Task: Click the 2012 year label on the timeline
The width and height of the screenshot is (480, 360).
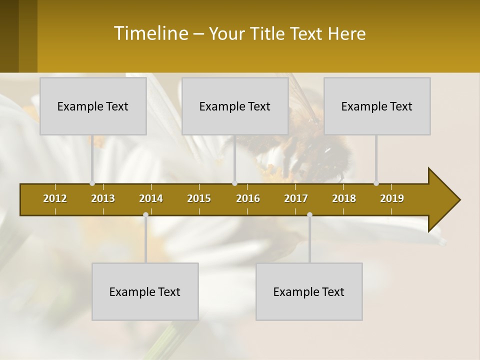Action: click(x=55, y=198)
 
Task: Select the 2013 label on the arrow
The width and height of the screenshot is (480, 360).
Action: click(x=103, y=198)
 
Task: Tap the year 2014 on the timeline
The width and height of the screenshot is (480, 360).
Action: click(x=151, y=198)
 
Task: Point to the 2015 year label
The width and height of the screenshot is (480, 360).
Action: click(x=199, y=198)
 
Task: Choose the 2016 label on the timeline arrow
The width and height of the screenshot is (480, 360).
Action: click(x=248, y=198)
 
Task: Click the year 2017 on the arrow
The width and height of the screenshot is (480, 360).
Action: click(x=296, y=198)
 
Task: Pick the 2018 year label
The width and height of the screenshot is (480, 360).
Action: click(x=344, y=198)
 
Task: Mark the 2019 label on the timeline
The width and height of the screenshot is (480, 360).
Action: click(x=392, y=198)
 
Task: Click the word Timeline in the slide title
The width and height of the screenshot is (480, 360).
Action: click(x=150, y=33)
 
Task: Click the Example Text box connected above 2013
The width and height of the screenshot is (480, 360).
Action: click(x=93, y=106)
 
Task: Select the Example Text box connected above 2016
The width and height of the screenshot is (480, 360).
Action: click(x=235, y=106)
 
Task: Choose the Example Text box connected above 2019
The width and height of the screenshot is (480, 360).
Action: click(x=377, y=106)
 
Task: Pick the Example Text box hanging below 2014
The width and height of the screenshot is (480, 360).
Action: click(x=145, y=291)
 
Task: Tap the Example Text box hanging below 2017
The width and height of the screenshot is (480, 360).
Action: click(x=309, y=291)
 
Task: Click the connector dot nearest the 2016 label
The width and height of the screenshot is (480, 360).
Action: click(x=235, y=183)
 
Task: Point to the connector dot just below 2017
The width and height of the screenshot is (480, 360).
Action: click(x=309, y=215)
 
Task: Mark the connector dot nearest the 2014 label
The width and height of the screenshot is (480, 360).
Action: click(x=145, y=215)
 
